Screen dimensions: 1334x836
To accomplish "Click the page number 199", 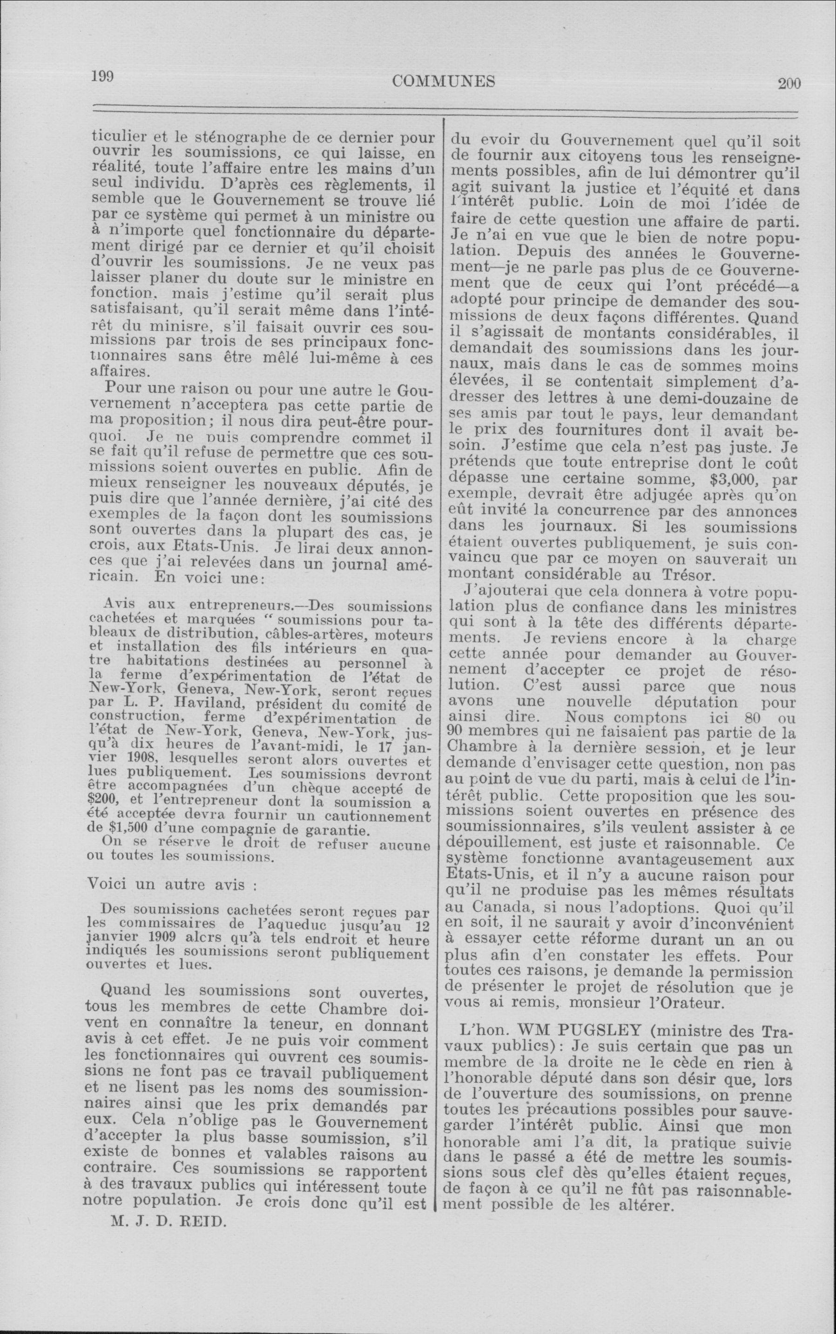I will click(102, 77).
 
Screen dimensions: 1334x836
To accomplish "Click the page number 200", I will click(789, 83).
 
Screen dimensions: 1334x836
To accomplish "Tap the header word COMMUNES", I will click(444, 82).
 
